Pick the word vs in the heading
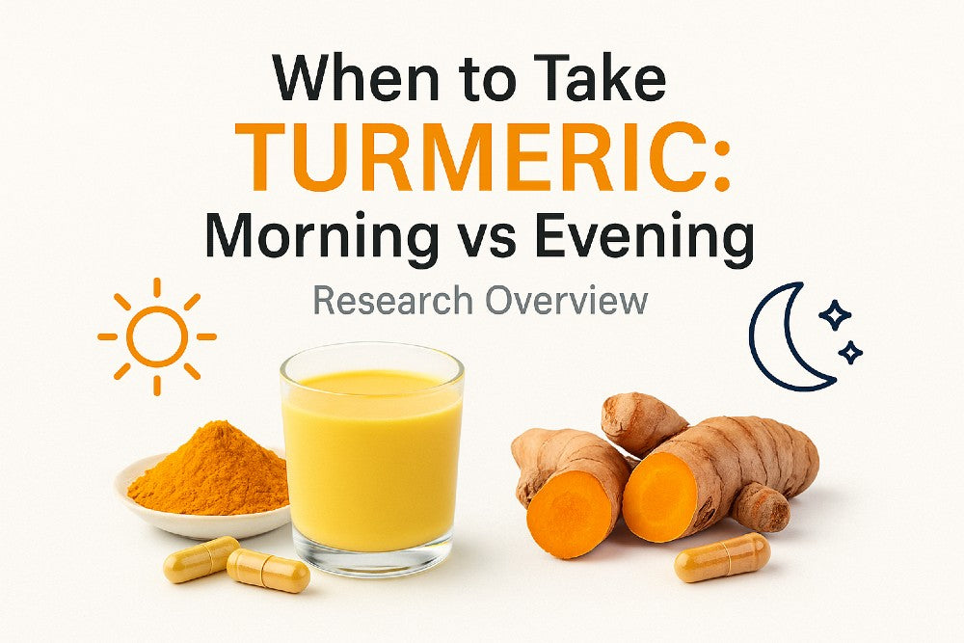[527, 238]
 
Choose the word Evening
[669, 236]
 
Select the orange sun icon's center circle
[157, 337]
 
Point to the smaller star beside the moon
[850, 353]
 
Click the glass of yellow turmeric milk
[372, 453]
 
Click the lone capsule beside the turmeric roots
[722, 557]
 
